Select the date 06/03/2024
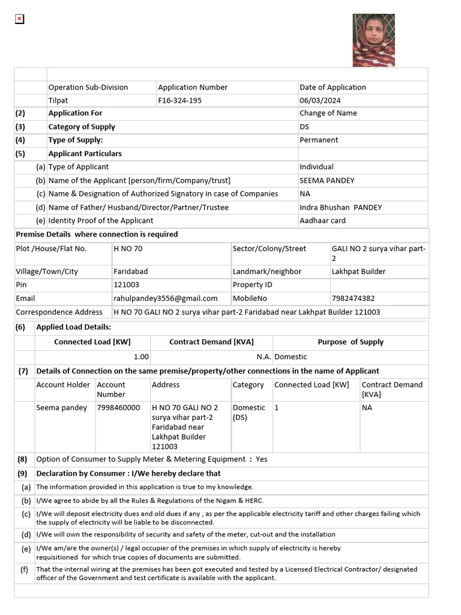click(324, 100)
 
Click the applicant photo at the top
click(373, 40)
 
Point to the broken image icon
click(19, 19)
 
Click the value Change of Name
click(328, 113)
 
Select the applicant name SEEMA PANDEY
click(327, 180)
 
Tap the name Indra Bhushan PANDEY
click(340, 207)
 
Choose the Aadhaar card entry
click(322, 220)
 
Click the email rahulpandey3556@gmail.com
click(165, 298)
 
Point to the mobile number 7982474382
click(353, 298)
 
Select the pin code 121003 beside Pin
click(126, 285)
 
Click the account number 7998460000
click(118, 407)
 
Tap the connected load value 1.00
click(141, 356)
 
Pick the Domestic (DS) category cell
click(249, 412)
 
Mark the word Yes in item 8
click(261, 459)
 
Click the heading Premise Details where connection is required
click(97, 234)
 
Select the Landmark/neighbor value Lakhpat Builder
click(358, 271)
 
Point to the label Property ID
click(252, 285)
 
